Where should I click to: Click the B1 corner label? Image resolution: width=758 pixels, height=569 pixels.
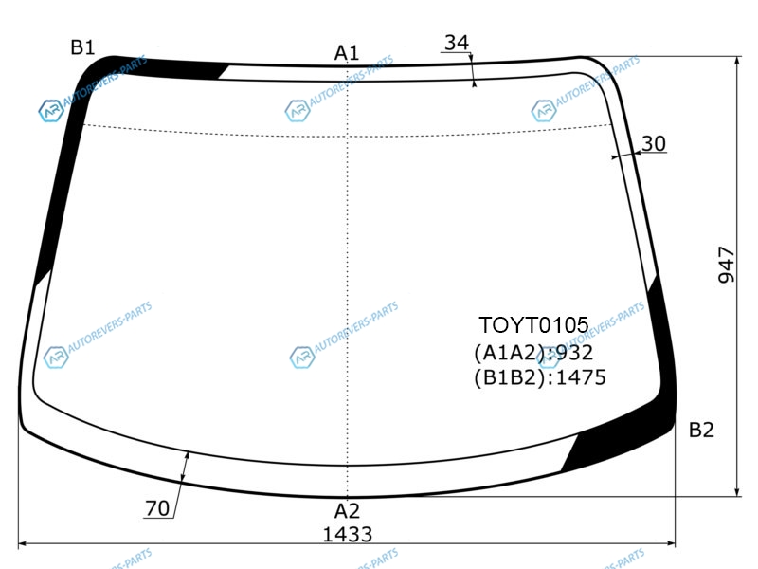click(x=82, y=47)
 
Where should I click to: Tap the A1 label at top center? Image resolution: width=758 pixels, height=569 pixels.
click(x=347, y=53)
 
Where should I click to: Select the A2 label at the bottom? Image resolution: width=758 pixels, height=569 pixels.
click(x=347, y=511)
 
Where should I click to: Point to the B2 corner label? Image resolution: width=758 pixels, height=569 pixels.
click(x=701, y=430)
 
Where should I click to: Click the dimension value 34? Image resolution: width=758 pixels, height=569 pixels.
click(x=457, y=43)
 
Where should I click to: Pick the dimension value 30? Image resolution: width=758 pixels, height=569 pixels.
click(x=654, y=143)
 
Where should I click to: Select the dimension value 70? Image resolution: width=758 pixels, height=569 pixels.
click(x=157, y=508)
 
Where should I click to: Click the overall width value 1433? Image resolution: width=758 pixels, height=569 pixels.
click(x=347, y=535)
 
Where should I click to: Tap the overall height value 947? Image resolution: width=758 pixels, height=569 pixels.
click(x=726, y=265)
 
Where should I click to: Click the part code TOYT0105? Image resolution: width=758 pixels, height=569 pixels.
click(x=533, y=325)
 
